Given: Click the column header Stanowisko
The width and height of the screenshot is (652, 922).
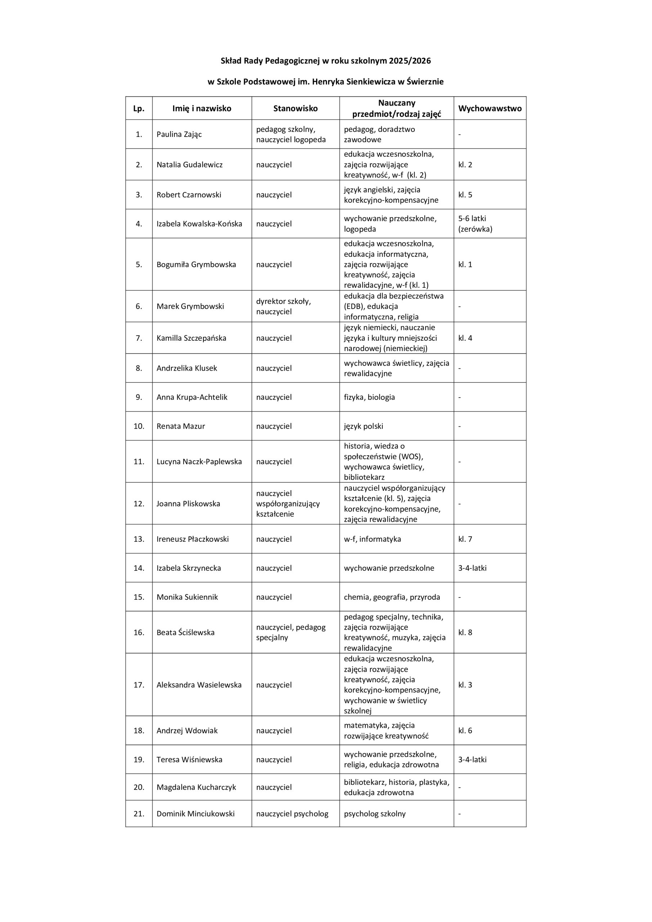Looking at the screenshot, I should tap(295, 108).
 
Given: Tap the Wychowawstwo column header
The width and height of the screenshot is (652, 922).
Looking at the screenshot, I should tap(490, 108).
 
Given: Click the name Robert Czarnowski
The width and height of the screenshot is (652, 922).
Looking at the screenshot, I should tap(189, 195).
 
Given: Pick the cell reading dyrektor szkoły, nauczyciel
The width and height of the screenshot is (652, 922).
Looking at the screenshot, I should tap(283, 306).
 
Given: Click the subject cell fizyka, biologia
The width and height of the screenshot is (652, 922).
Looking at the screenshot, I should tap(369, 397).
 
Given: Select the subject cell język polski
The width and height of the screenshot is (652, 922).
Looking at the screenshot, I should tap(363, 426).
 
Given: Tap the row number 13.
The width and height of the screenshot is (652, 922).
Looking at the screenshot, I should tap(139, 539).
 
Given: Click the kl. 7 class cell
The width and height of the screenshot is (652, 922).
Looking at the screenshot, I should tap(465, 539).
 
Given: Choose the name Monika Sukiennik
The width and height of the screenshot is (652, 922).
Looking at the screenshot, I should tap(187, 597).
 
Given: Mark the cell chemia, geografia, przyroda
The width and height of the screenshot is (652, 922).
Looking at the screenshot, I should tap(391, 597).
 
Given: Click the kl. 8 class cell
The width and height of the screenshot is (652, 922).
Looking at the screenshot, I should tap(465, 632).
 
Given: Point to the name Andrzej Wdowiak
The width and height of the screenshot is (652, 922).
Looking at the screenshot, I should tap(187, 730).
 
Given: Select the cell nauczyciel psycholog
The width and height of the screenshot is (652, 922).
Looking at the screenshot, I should tap(292, 814).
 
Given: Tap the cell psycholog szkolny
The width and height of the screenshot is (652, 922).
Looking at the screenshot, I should tap(374, 814).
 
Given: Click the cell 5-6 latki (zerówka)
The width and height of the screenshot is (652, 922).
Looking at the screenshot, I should tap(475, 224).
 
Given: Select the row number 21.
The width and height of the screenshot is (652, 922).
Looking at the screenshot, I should tap(139, 814).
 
